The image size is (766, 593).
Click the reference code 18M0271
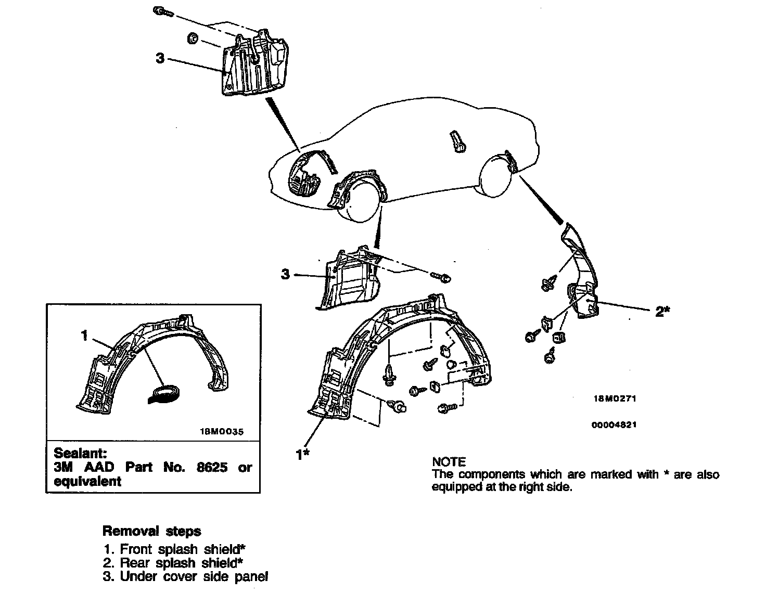click(x=614, y=399)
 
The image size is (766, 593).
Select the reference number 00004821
click(x=614, y=424)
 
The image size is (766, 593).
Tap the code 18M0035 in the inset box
click(x=222, y=431)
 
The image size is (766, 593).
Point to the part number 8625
click(x=212, y=467)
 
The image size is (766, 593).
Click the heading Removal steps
click(x=151, y=531)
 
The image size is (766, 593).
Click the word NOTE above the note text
click(x=449, y=461)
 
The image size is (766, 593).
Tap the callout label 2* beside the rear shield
click(x=662, y=311)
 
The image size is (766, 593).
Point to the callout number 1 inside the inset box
click(x=85, y=336)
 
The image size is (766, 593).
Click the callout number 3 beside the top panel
click(x=160, y=58)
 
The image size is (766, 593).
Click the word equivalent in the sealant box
click(x=87, y=481)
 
